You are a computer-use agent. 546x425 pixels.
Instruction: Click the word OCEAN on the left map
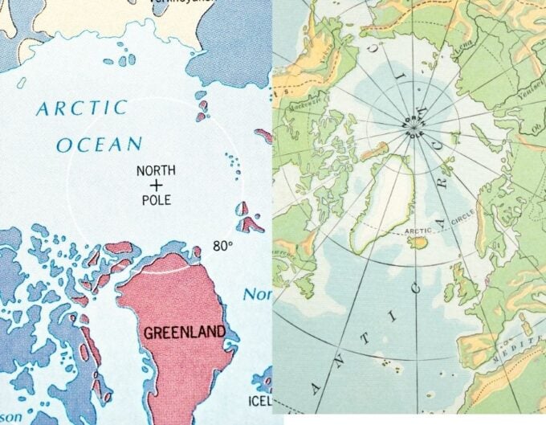(99, 145)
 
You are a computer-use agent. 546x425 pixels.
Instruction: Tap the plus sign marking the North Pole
(156, 185)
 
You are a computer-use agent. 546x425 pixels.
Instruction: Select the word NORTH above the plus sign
(156, 170)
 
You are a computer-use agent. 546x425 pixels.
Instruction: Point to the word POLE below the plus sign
(156, 199)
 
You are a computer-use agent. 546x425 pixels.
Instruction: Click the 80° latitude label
(222, 246)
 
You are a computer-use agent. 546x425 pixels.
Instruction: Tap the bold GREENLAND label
(184, 332)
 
